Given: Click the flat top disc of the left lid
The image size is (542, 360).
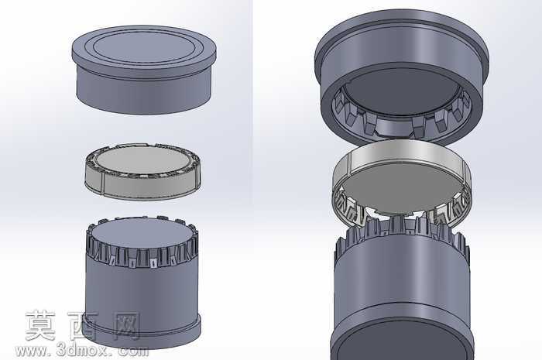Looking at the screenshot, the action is coord(144,48).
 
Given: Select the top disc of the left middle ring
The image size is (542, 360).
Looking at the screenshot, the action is coord(142,161).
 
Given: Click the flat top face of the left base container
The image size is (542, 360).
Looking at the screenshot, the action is coord(142,234).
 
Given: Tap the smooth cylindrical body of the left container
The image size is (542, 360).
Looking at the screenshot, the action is coord(142,293).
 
